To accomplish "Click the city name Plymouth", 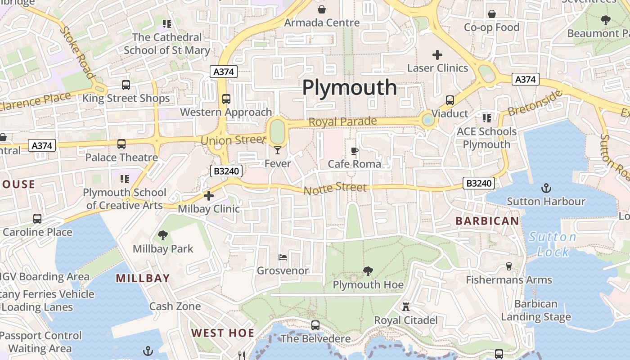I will [349, 87].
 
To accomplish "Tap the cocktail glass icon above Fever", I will [278, 150].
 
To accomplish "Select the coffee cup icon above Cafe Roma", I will [355, 151].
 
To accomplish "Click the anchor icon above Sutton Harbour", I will [546, 188].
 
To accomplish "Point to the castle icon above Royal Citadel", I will [406, 307].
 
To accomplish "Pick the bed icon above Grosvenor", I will [283, 257].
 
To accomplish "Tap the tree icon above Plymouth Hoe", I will [368, 271].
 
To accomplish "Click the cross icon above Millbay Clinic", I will [208, 196].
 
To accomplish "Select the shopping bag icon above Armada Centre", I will [322, 9].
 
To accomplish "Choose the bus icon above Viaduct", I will [450, 100].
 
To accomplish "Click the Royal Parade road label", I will [342, 122].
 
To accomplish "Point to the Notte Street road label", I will [335, 189].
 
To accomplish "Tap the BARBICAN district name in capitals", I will [487, 221].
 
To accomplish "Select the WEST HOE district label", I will [223, 333].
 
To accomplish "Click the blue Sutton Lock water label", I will [553, 244].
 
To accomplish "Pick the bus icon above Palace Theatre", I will [121, 144].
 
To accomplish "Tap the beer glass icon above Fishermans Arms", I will [509, 266].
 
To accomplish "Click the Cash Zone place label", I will [175, 306].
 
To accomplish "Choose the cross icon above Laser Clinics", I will [437, 55].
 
